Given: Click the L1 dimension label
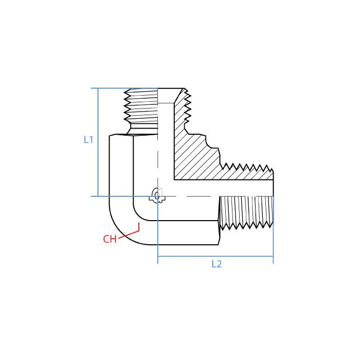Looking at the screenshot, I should [x=88, y=139].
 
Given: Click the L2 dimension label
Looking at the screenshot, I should [x=217, y=264].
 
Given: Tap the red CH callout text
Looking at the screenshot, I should [x=110, y=239].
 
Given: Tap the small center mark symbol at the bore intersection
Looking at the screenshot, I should [x=157, y=196].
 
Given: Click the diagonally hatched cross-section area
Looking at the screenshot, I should [x=195, y=159].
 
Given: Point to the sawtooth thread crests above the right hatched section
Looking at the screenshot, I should [x=247, y=167].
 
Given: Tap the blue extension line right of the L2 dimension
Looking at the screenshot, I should [x=273, y=242].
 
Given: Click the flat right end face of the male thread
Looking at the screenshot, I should [x=273, y=198].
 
